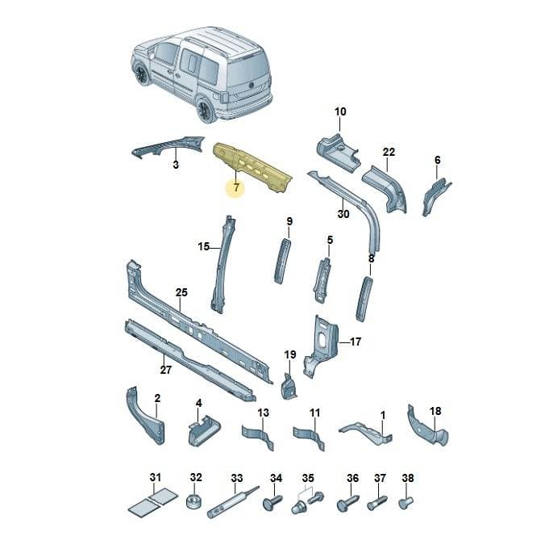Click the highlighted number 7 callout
tap(236, 187)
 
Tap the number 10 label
tap(340, 112)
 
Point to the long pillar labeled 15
tap(223, 264)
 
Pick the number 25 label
tap(181, 292)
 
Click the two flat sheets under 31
tap(152, 501)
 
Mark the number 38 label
tap(408, 478)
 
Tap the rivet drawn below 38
tap(406, 502)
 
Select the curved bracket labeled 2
tap(145, 416)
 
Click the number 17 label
tap(356, 342)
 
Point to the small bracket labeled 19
tap(289, 387)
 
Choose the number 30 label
tap(343, 214)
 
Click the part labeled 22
tap(384, 189)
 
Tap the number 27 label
tap(165, 370)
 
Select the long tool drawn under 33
tap(233, 502)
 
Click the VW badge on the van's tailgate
tap(251, 85)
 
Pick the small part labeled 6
tap(437, 197)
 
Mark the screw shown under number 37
tap(377, 503)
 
